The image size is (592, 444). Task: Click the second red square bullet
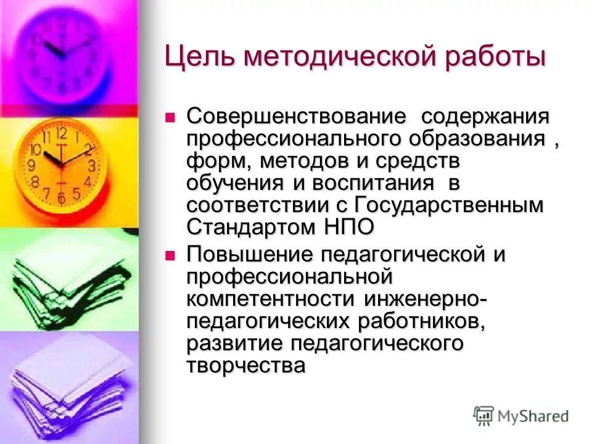[172, 254]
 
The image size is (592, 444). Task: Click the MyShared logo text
[534, 416]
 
